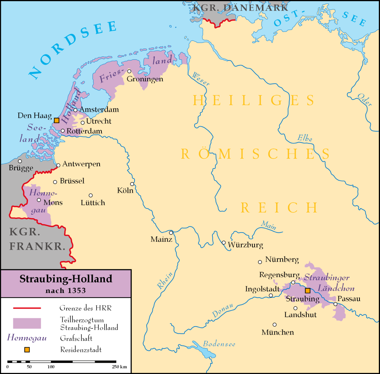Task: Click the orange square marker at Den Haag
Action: click(x=56, y=120)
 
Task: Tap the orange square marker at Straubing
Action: click(x=308, y=290)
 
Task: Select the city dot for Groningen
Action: click(x=129, y=71)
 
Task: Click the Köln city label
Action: click(x=125, y=190)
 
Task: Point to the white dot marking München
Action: click(x=275, y=325)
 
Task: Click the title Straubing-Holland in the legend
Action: click(x=66, y=279)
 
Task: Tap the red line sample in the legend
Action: click(x=27, y=308)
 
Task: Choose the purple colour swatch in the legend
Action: click(x=27, y=323)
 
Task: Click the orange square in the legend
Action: click(x=27, y=350)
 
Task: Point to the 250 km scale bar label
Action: click(x=119, y=366)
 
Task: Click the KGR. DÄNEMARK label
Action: click(x=240, y=7)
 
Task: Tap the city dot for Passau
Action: click(x=336, y=304)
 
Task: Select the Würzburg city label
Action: click(x=245, y=245)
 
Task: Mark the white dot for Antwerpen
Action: click(x=58, y=165)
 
